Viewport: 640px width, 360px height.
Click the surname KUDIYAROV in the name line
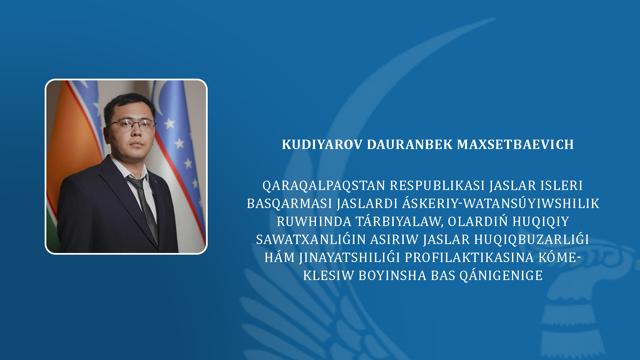[x=322, y=144]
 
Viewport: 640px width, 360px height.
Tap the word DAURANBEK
[x=410, y=144]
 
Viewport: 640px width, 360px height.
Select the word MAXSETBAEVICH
[x=515, y=144]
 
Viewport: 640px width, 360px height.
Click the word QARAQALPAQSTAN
[x=324, y=186]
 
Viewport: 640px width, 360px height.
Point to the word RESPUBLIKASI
[x=437, y=185]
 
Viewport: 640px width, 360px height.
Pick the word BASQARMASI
[x=289, y=203]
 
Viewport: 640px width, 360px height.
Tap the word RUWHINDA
[x=314, y=221]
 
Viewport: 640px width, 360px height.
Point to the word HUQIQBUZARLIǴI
[x=532, y=239]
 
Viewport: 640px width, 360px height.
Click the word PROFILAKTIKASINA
[x=469, y=257]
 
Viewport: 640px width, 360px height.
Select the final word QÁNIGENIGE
[x=501, y=275]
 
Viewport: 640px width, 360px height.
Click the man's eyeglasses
[x=131, y=125]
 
